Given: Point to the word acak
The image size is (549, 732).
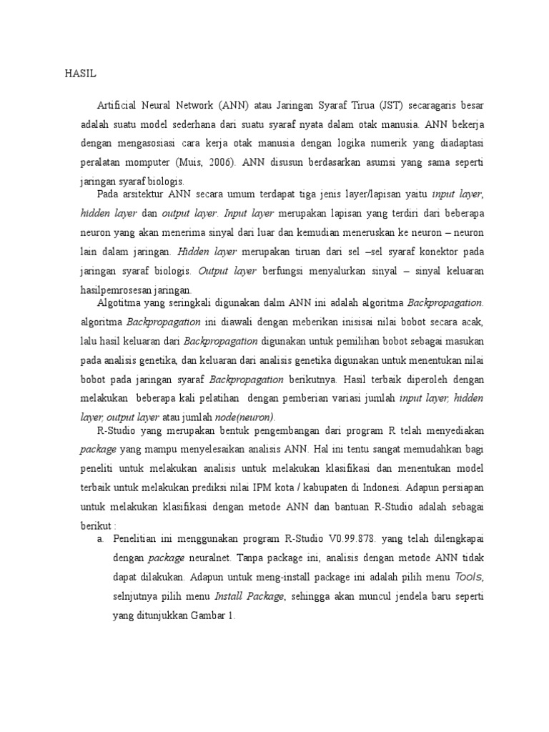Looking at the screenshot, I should (x=470, y=322).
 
